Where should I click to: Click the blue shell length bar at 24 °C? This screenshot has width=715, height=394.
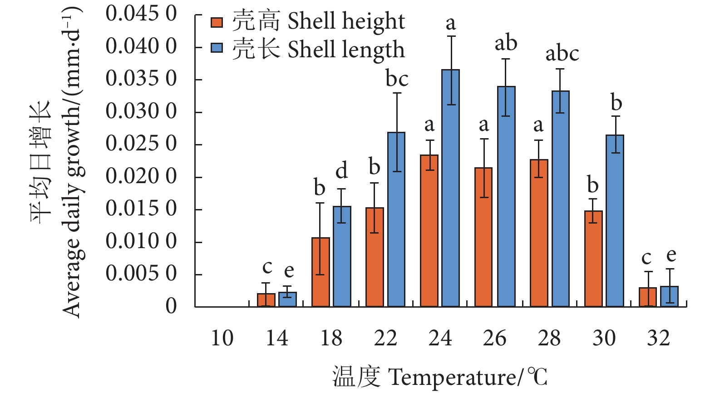pyautogui.click(x=451, y=188)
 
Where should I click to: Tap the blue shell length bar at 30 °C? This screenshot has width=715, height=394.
pyautogui.click(x=615, y=221)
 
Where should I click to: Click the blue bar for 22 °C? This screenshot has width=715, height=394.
pyautogui.click(x=396, y=219)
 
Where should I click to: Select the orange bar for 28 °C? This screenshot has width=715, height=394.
pyautogui.click(x=538, y=233)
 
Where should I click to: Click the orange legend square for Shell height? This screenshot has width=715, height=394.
pyautogui.click(x=217, y=22)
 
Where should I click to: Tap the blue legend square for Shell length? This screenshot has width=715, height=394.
pyautogui.click(x=217, y=49)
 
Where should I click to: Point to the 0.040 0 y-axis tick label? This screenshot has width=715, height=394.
pyautogui.click(x=141, y=46)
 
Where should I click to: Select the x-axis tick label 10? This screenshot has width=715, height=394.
pyautogui.click(x=222, y=338)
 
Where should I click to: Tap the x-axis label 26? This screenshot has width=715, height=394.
pyautogui.click(x=494, y=338)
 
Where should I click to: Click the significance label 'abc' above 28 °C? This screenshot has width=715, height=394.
pyautogui.click(x=562, y=54)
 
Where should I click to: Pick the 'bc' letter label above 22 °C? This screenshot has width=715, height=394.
pyautogui.click(x=397, y=79)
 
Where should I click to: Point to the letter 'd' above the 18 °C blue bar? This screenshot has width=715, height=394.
pyautogui.click(x=341, y=171)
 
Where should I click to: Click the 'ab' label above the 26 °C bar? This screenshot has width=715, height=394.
pyautogui.click(x=506, y=44)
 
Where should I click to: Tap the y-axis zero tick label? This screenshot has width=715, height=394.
pyautogui.click(x=171, y=306)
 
